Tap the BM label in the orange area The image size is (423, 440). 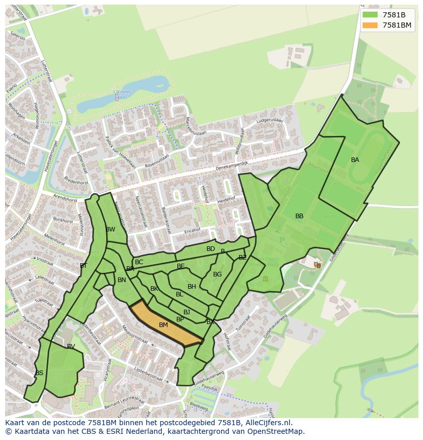point(163,325)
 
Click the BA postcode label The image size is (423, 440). point(355,160)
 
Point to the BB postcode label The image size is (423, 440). point(299,216)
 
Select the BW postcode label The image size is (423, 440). point(110,229)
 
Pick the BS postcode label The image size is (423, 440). point(39,373)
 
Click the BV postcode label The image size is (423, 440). point(71,346)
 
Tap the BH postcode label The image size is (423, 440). point(192,287)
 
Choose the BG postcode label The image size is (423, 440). point(218,274)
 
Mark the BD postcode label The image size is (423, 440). point(210,249)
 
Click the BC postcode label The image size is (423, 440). point(139,262)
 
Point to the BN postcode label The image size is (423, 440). point(122,280)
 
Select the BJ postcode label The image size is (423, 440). point(186,312)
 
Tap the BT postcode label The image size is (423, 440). point(83,266)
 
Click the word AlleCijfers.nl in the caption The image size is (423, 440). point(266,423)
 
